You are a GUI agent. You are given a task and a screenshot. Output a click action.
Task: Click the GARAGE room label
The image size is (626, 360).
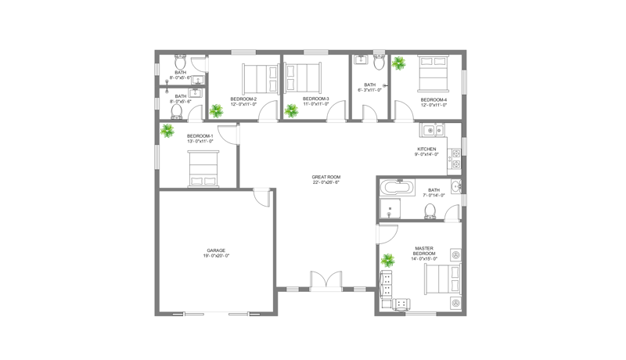pos(216,250)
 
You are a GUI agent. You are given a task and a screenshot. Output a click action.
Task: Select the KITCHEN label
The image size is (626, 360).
pos(426,149)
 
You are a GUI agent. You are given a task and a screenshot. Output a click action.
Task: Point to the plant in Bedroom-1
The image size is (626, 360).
pos(167,131)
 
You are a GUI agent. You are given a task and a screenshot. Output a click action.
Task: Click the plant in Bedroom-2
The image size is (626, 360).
pos(216,110)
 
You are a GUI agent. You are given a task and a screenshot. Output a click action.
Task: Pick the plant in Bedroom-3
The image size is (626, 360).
pos(292,110)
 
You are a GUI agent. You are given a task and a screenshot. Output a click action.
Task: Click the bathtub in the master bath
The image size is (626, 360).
pos(397,188)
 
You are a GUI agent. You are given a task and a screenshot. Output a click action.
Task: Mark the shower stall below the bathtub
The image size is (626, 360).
pos(389,209)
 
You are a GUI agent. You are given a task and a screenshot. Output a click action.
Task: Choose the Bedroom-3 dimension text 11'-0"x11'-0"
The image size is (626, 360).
pos(315,103)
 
